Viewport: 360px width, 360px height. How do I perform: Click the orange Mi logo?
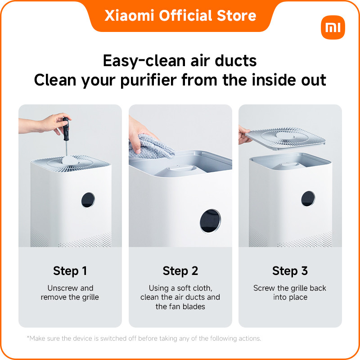click(333, 27)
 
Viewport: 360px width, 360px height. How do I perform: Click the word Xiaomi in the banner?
click(129, 16)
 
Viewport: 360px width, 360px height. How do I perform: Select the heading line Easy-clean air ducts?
click(180, 61)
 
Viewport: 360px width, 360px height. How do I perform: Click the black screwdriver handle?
click(66, 129)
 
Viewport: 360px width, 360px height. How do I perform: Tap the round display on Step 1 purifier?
click(88, 200)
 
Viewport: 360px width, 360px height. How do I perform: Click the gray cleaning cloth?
click(152, 147)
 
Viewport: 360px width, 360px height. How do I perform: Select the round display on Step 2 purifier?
click(210, 221)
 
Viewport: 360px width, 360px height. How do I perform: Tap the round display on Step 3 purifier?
click(308, 198)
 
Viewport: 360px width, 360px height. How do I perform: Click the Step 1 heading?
click(70, 271)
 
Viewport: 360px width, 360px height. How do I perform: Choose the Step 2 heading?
click(180, 271)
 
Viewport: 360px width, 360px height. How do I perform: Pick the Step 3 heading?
click(290, 271)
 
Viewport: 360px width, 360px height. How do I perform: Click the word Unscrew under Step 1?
click(63, 288)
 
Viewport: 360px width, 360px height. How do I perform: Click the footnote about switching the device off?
click(144, 338)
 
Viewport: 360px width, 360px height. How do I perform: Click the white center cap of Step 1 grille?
click(70, 160)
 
